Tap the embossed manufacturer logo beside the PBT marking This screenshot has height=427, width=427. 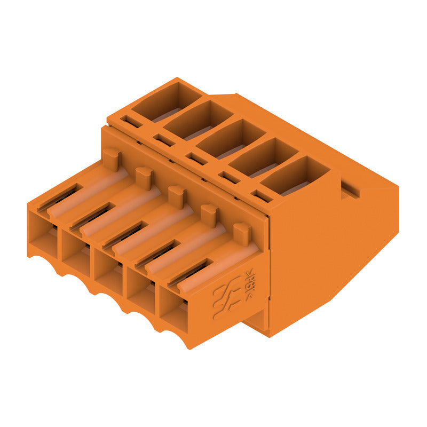point(225,299)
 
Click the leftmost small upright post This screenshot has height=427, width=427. point(111,159)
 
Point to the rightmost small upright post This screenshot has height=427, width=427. point(242,233)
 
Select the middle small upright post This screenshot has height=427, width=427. point(176,195)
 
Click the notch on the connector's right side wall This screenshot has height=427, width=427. point(350,188)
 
